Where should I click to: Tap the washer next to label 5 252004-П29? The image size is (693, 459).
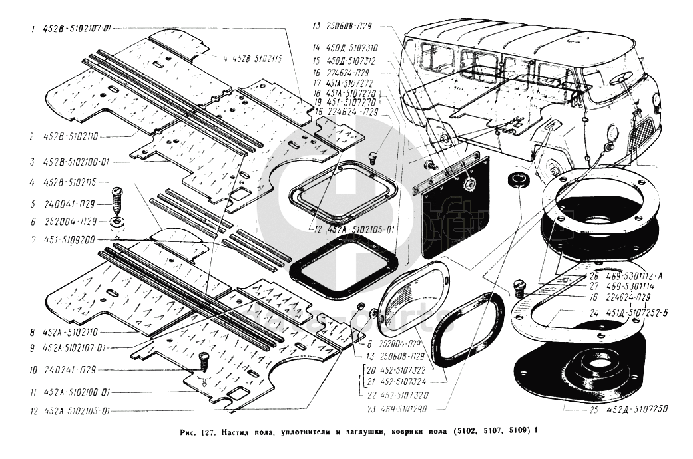(x=118, y=220)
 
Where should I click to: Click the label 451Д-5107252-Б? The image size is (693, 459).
(x=633, y=311)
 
